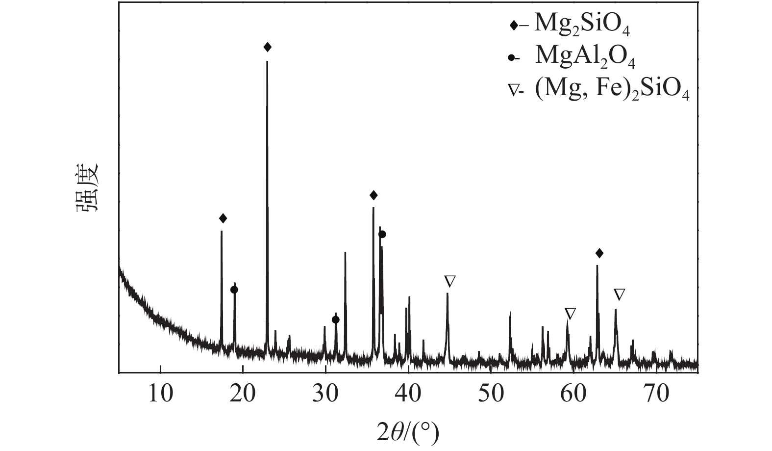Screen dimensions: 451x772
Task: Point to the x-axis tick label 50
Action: [491, 394]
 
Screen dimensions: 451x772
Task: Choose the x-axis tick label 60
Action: [573, 394]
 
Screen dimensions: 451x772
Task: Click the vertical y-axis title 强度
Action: [88, 188]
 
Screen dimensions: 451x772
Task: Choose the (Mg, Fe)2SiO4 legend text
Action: [612, 89]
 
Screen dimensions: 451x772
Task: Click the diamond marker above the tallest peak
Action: [267, 47]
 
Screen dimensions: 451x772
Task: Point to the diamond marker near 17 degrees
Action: [223, 218]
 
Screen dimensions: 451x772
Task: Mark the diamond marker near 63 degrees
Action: [599, 253]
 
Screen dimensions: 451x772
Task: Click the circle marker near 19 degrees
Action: [234, 290]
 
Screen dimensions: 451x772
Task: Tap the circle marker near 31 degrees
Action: [335, 319]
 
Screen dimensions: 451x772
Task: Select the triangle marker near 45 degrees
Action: [450, 281]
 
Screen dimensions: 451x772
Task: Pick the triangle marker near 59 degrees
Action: [570, 313]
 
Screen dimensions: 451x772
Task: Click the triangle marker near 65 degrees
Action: [620, 294]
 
